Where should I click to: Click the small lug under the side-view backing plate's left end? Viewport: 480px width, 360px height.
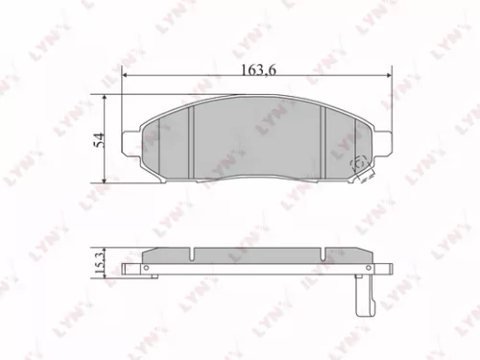[145, 275]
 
